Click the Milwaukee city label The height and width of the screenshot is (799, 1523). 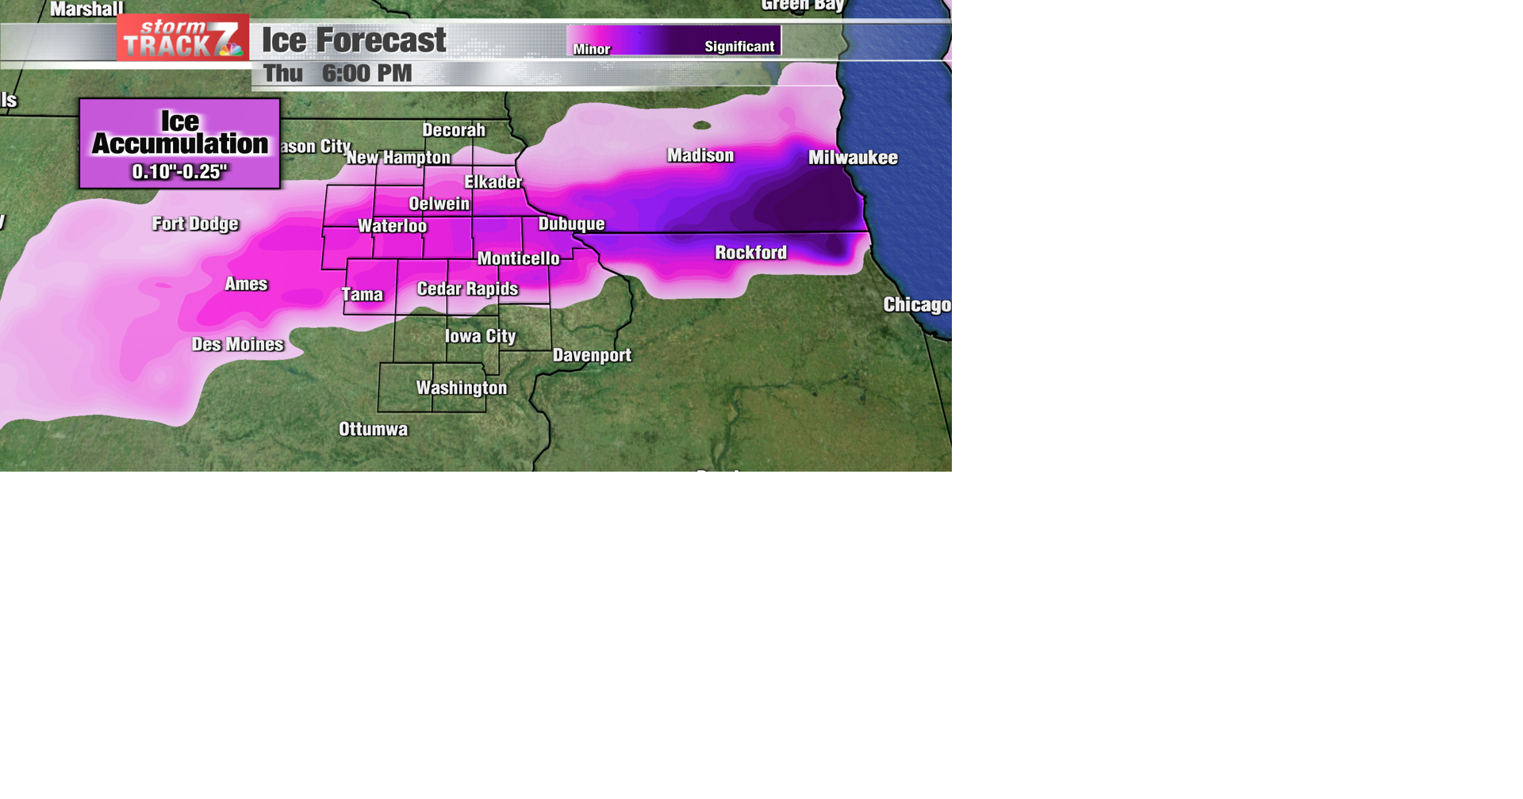tap(853, 158)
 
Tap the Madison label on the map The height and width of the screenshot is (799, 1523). tap(700, 155)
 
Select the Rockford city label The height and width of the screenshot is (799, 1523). tap(750, 253)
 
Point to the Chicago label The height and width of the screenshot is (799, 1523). tap(917, 305)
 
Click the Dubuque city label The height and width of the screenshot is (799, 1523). tap(571, 224)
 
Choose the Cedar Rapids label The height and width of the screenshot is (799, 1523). tap(467, 289)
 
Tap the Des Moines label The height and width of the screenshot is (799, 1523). tap(237, 344)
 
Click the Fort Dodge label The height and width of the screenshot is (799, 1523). tap(195, 224)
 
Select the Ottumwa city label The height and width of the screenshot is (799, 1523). tap(373, 429)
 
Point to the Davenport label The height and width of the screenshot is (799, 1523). tap(592, 355)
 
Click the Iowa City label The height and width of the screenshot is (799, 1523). tap(480, 336)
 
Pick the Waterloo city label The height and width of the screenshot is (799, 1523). tap(392, 226)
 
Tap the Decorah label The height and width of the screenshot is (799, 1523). tap(453, 130)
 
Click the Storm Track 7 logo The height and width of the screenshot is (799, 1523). tap(182, 38)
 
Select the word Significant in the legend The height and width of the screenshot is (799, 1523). tap(739, 47)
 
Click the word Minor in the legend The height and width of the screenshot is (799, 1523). tap(592, 49)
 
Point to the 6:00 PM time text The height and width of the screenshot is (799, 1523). tap(366, 74)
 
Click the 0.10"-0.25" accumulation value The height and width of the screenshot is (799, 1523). tap(179, 171)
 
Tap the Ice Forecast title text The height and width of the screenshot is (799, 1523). tap(354, 40)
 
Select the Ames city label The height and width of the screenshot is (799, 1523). tap(246, 284)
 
